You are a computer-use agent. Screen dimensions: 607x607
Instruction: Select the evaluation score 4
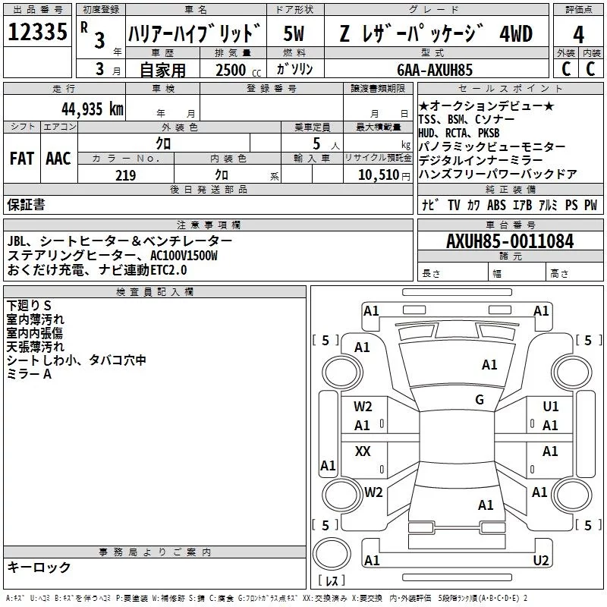[579, 34]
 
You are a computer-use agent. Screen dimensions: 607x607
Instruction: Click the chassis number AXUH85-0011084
[510, 241]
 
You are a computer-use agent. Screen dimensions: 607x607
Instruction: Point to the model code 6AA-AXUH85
[435, 70]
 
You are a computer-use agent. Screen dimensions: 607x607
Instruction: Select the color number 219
[125, 175]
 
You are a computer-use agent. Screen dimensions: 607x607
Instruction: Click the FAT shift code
[21, 159]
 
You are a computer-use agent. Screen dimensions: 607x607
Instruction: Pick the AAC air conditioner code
[58, 159]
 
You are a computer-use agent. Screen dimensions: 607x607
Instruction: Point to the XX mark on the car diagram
[363, 451]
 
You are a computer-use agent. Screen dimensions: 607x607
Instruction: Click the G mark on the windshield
[480, 400]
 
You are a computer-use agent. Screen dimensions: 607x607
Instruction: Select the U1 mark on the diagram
[550, 407]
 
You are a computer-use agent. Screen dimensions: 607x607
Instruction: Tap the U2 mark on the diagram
[541, 561]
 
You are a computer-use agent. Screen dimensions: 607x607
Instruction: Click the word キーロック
[39, 567]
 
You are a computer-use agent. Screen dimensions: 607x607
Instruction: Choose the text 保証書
[26, 204]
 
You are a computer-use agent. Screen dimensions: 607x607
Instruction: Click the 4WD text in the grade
[516, 34]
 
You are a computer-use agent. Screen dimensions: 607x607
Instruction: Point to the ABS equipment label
[496, 205]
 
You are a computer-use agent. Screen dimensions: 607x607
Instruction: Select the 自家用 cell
[163, 70]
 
